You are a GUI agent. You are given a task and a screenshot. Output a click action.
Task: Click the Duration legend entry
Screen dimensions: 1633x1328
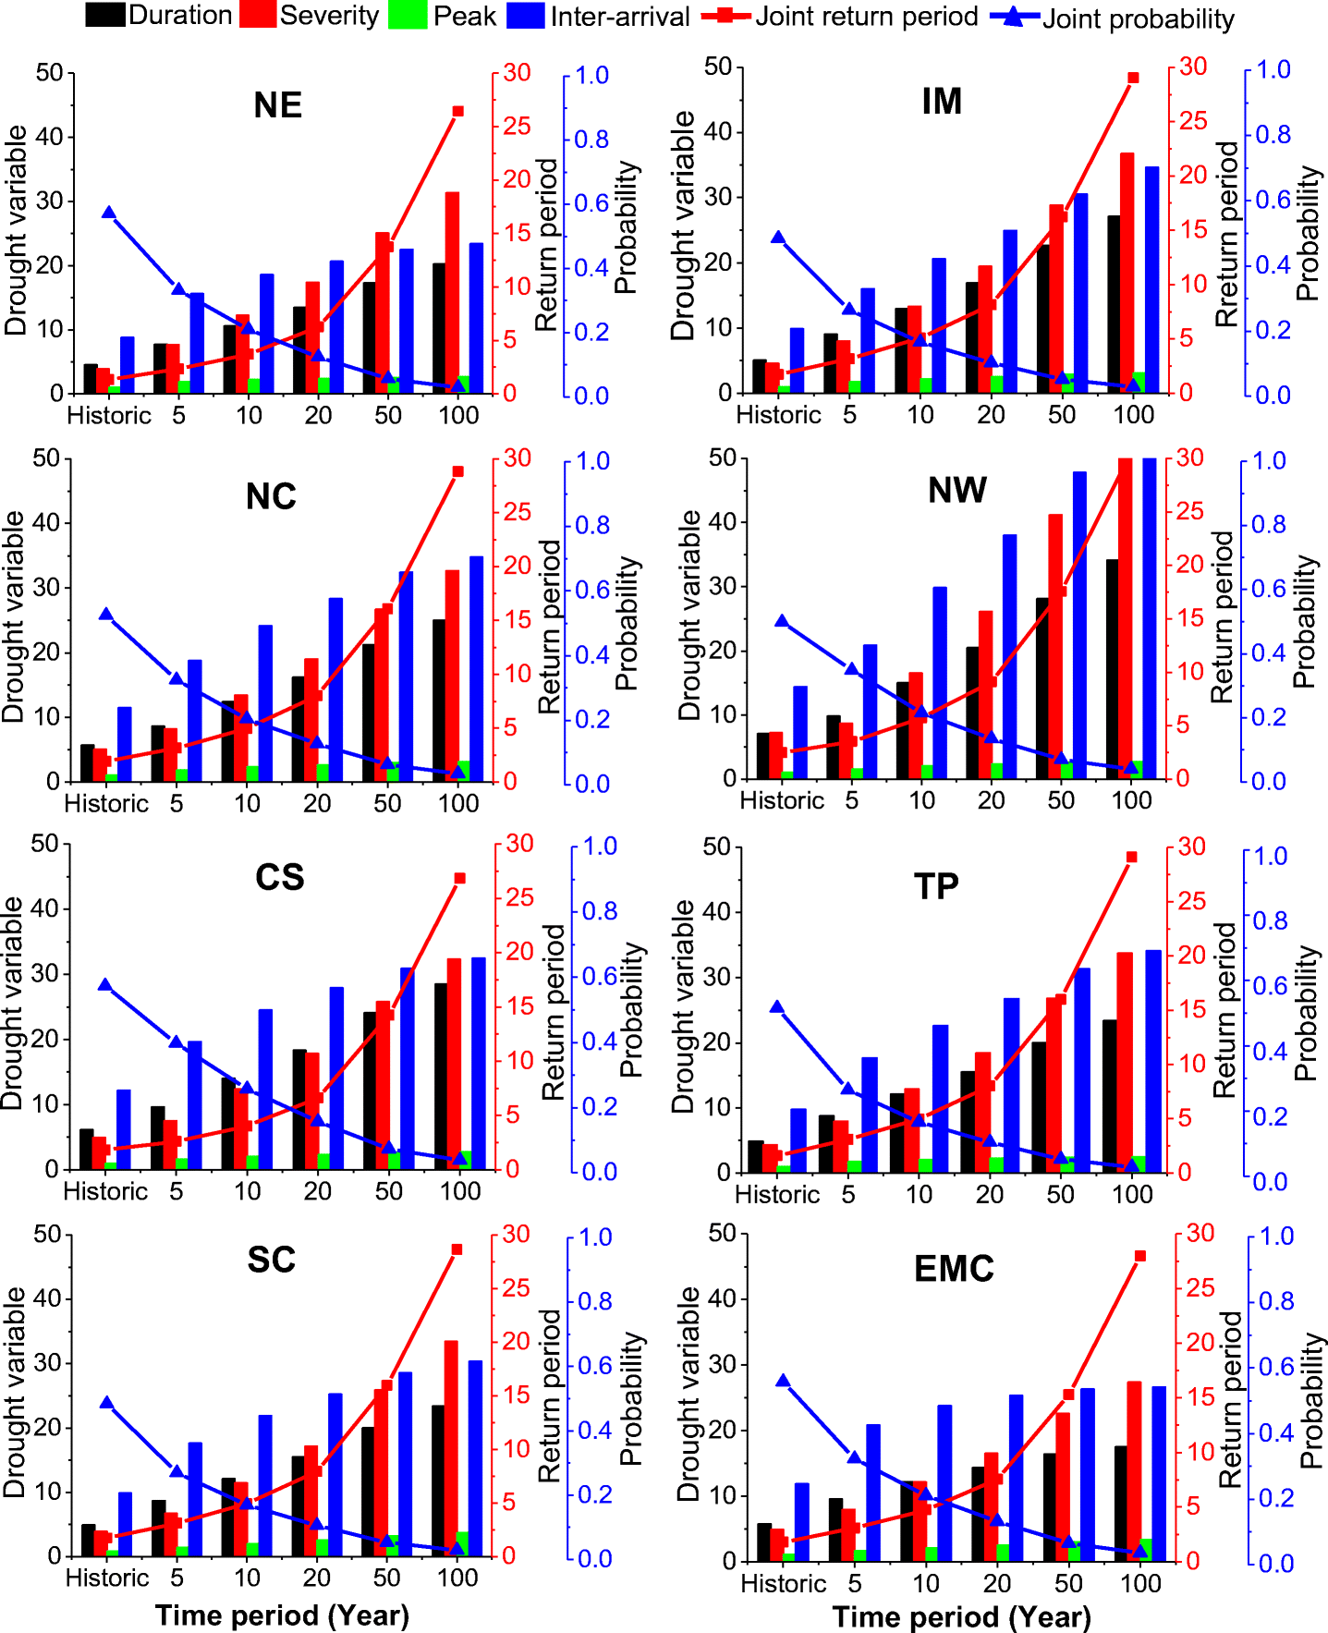[x=159, y=15]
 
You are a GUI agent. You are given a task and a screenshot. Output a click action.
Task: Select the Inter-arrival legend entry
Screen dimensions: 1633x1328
[x=599, y=16]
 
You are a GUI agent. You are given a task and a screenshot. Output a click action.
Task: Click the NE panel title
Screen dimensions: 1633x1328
[x=277, y=105]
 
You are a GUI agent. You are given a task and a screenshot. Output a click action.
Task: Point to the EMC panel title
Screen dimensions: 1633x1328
[x=954, y=1268]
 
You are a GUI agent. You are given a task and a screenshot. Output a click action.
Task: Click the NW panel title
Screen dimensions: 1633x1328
[x=957, y=490]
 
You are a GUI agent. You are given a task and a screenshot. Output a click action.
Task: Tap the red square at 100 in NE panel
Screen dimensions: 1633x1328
[x=457, y=111]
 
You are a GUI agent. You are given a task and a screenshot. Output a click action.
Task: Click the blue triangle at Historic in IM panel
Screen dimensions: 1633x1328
[x=778, y=238]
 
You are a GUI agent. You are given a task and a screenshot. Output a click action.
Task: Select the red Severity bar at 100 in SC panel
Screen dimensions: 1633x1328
[x=451, y=1447]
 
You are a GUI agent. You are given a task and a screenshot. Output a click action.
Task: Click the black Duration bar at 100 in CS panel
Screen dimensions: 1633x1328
[x=441, y=1076]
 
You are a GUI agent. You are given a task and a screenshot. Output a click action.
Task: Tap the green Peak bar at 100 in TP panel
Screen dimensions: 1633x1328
[x=1139, y=1164]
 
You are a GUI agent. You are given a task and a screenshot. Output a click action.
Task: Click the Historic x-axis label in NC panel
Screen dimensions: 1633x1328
[x=106, y=803]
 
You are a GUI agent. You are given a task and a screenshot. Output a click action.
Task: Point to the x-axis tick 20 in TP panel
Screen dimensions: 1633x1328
[x=989, y=1194]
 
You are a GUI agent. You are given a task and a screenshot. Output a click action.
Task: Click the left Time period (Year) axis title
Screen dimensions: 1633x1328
[x=282, y=1615]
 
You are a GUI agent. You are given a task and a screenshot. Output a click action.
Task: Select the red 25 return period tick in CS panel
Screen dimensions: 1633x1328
[x=520, y=896]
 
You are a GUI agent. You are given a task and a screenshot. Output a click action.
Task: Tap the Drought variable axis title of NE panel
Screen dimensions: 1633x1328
[x=16, y=231]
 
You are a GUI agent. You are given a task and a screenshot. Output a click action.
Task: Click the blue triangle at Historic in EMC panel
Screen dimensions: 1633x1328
[x=783, y=1381]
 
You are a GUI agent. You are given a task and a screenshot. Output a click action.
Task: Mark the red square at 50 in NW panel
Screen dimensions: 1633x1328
[x=1061, y=591]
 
